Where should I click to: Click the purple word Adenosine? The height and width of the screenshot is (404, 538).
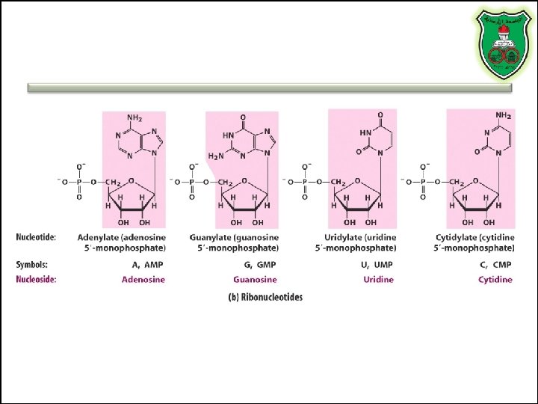143,280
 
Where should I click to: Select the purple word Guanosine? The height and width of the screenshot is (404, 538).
256,280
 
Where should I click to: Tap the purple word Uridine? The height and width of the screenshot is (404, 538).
378,280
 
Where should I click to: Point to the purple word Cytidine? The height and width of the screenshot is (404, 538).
495,280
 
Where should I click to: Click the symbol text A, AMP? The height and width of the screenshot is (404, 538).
147,265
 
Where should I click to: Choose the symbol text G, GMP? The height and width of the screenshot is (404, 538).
259,265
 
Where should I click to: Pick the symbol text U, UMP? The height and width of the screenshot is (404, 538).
377,265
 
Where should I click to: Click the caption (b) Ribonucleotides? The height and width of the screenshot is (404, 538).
265,297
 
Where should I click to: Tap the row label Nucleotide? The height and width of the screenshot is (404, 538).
37,237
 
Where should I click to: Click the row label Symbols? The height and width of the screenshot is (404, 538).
32,265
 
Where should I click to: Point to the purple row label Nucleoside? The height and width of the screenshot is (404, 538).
37,280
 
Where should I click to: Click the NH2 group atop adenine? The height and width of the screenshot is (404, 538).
134,118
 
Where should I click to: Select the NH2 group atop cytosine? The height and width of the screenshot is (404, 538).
504,115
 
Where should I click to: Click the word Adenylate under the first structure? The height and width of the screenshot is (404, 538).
96,237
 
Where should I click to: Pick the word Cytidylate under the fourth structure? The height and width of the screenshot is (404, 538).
457,237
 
